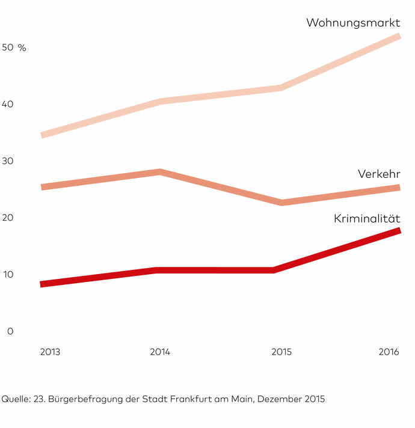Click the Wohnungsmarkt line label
click(x=353, y=23)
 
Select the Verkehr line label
click(x=379, y=174)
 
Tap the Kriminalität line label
click(x=367, y=219)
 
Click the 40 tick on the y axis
click(x=10, y=105)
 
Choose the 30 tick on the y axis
click(x=10, y=161)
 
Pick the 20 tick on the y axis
click(x=10, y=218)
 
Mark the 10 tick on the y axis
click(x=10, y=275)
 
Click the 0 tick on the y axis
click(x=10, y=331)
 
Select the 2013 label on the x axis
click(x=50, y=352)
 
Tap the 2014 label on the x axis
click(x=160, y=352)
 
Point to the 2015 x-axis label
click(x=281, y=352)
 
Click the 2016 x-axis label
click(x=390, y=352)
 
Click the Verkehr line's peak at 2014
click(x=160, y=172)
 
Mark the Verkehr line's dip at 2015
click(x=281, y=203)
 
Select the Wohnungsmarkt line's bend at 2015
click(x=281, y=88)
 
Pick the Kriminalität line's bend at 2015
click(x=274, y=270)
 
